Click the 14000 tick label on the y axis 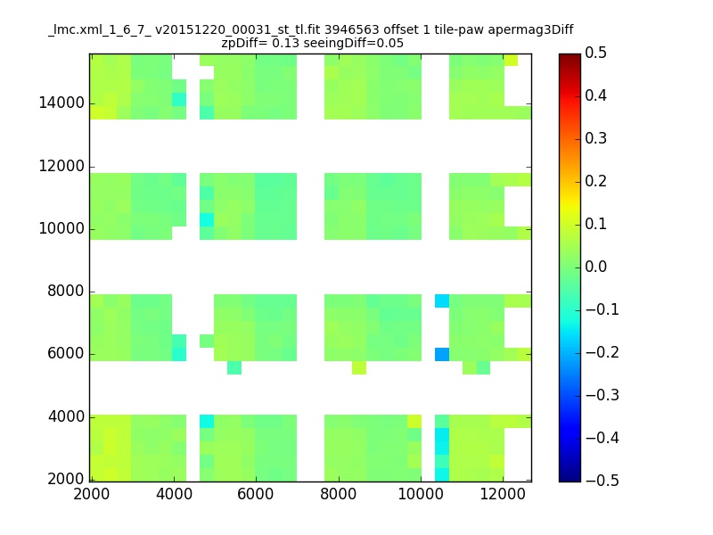coord(61,103)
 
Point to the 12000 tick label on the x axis coord(503,494)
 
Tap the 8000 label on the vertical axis coord(66,292)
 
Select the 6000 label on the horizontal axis coord(256,494)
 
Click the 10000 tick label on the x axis coord(421,494)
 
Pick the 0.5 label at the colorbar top coord(595,53)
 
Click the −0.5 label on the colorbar coord(602,481)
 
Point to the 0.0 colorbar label coord(595,267)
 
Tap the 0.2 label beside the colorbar coord(595,181)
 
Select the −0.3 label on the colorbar coord(602,395)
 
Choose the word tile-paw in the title coord(459,30)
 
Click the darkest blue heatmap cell coord(442,354)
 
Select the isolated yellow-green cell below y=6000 coord(359,367)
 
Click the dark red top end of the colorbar coord(570,56)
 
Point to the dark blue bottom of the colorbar coord(570,478)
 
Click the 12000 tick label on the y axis coord(61,166)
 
